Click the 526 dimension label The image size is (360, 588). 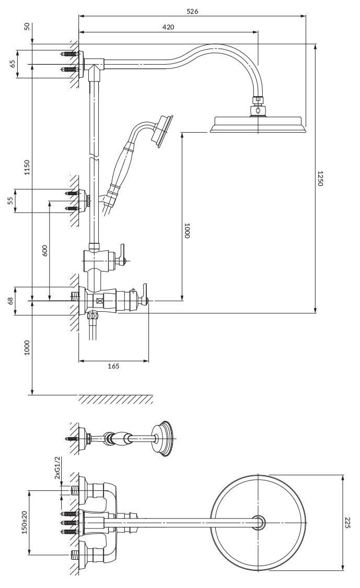pyautogui.click(x=192, y=11)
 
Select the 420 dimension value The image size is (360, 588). pyautogui.click(x=168, y=27)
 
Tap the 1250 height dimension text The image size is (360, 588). pyautogui.click(x=320, y=178)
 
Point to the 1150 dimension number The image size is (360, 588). pyautogui.click(x=26, y=167)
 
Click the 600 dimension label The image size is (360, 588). pyautogui.click(x=44, y=251)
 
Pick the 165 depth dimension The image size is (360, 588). pyautogui.click(x=113, y=366)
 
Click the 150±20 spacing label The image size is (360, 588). pyautogui.click(x=25, y=522)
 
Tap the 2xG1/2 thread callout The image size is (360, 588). pyautogui.click(x=57, y=468)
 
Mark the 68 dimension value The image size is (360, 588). pyautogui.click(x=10, y=301)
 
